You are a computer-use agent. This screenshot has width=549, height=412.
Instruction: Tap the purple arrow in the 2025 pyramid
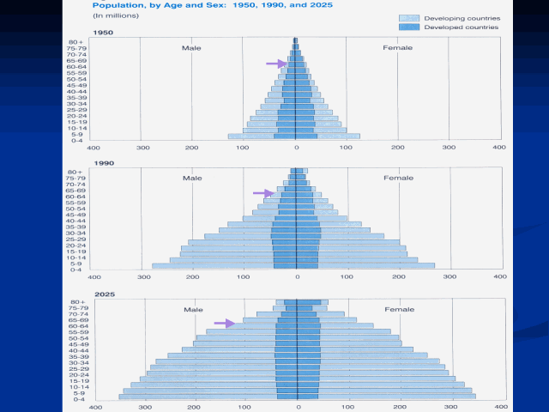pyautogui.click(x=225, y=323)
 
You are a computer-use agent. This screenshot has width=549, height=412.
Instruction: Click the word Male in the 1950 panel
pyautogui.click(x=191, y=48)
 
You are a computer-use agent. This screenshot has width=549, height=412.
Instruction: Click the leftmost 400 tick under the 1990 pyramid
pyautogui.click(x=94, y=277)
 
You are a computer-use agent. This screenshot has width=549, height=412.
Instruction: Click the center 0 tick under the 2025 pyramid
pyautogui.click(x=297, y=408)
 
